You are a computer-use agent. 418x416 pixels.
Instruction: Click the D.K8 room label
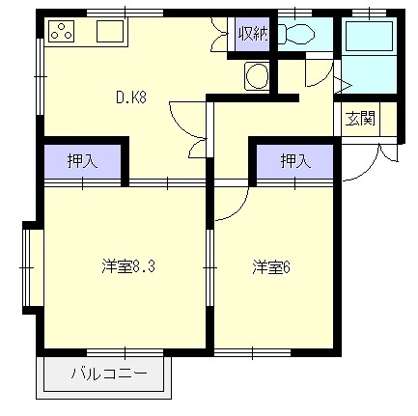point(131,97)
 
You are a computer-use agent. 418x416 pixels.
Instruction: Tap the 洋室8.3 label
point(128,266)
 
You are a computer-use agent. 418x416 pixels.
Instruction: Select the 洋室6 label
point(271,266)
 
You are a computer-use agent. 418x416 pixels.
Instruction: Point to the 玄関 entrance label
point(360,119)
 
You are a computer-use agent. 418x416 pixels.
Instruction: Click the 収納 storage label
point(253,34)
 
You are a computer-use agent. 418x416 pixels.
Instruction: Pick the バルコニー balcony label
point(109,374)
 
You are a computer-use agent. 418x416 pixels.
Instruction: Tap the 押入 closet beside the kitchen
point(82,161)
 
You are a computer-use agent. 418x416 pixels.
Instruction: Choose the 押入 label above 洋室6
point(295,161)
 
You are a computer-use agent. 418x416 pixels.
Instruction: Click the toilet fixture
point(296,33)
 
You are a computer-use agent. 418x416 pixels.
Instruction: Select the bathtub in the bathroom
point(369,36)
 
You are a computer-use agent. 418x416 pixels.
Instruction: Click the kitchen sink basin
point(110,31)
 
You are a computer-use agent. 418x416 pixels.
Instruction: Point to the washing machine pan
point(257,76)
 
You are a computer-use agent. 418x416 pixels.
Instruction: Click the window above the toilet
point(295,14)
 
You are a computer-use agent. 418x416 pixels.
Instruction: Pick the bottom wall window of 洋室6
point(253,352)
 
